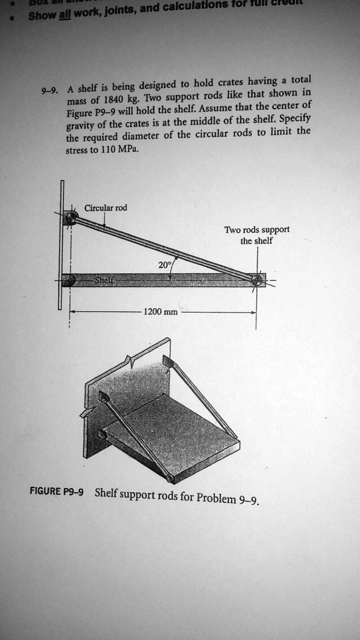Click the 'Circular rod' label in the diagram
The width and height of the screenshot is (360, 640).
tap(106, 207)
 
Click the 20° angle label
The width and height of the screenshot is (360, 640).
tap(164, 265)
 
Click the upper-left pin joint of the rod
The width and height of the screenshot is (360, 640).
tap(71, 217)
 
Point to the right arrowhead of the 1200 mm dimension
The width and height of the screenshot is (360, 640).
tap(254, 311)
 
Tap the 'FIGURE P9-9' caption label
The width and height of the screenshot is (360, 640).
tap(57, 491)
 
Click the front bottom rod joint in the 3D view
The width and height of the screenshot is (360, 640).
tap(169, 479)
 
